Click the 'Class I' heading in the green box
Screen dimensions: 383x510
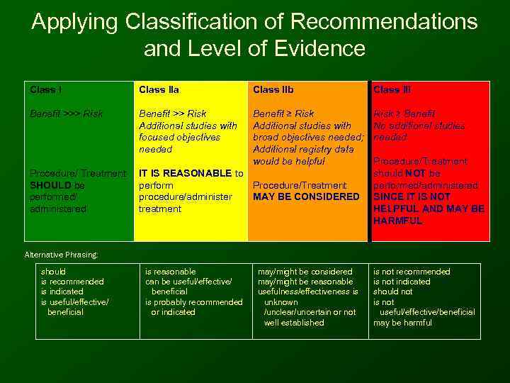[x=45, y=90]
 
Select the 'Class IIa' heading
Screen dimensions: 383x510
[x=159, y=90]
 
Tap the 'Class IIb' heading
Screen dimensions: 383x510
[x=273, y=90]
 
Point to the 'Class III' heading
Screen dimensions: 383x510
[x=392, y=90]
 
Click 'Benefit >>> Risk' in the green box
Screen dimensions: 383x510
[x=66, y=113]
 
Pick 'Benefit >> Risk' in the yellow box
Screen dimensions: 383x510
[x=172, y=113]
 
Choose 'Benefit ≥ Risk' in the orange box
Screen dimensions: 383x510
[x=283, y=113]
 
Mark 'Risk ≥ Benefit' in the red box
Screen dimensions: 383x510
[x=404, y=113]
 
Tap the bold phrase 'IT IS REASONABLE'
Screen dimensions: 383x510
[x=185, y=173]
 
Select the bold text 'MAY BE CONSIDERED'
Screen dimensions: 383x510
[x=306, y=196]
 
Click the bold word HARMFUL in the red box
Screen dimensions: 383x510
[x=397, y=221]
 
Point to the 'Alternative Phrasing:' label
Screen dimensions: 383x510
[x=61, y=255]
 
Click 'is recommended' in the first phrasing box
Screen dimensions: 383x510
[x=72, y=282]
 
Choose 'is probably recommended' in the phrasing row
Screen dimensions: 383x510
[x=193, y=302]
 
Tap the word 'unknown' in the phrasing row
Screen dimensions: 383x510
[x=280, y=302]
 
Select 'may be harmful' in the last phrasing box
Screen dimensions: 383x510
[x=402, y=323]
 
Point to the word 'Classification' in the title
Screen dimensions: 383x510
[x=194, y=21]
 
